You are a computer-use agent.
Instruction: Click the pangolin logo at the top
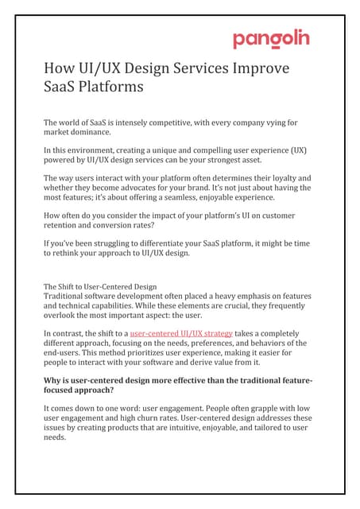[270, 39]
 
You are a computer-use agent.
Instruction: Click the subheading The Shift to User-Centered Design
[99, 286]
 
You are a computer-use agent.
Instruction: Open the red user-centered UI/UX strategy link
[181, 333]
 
